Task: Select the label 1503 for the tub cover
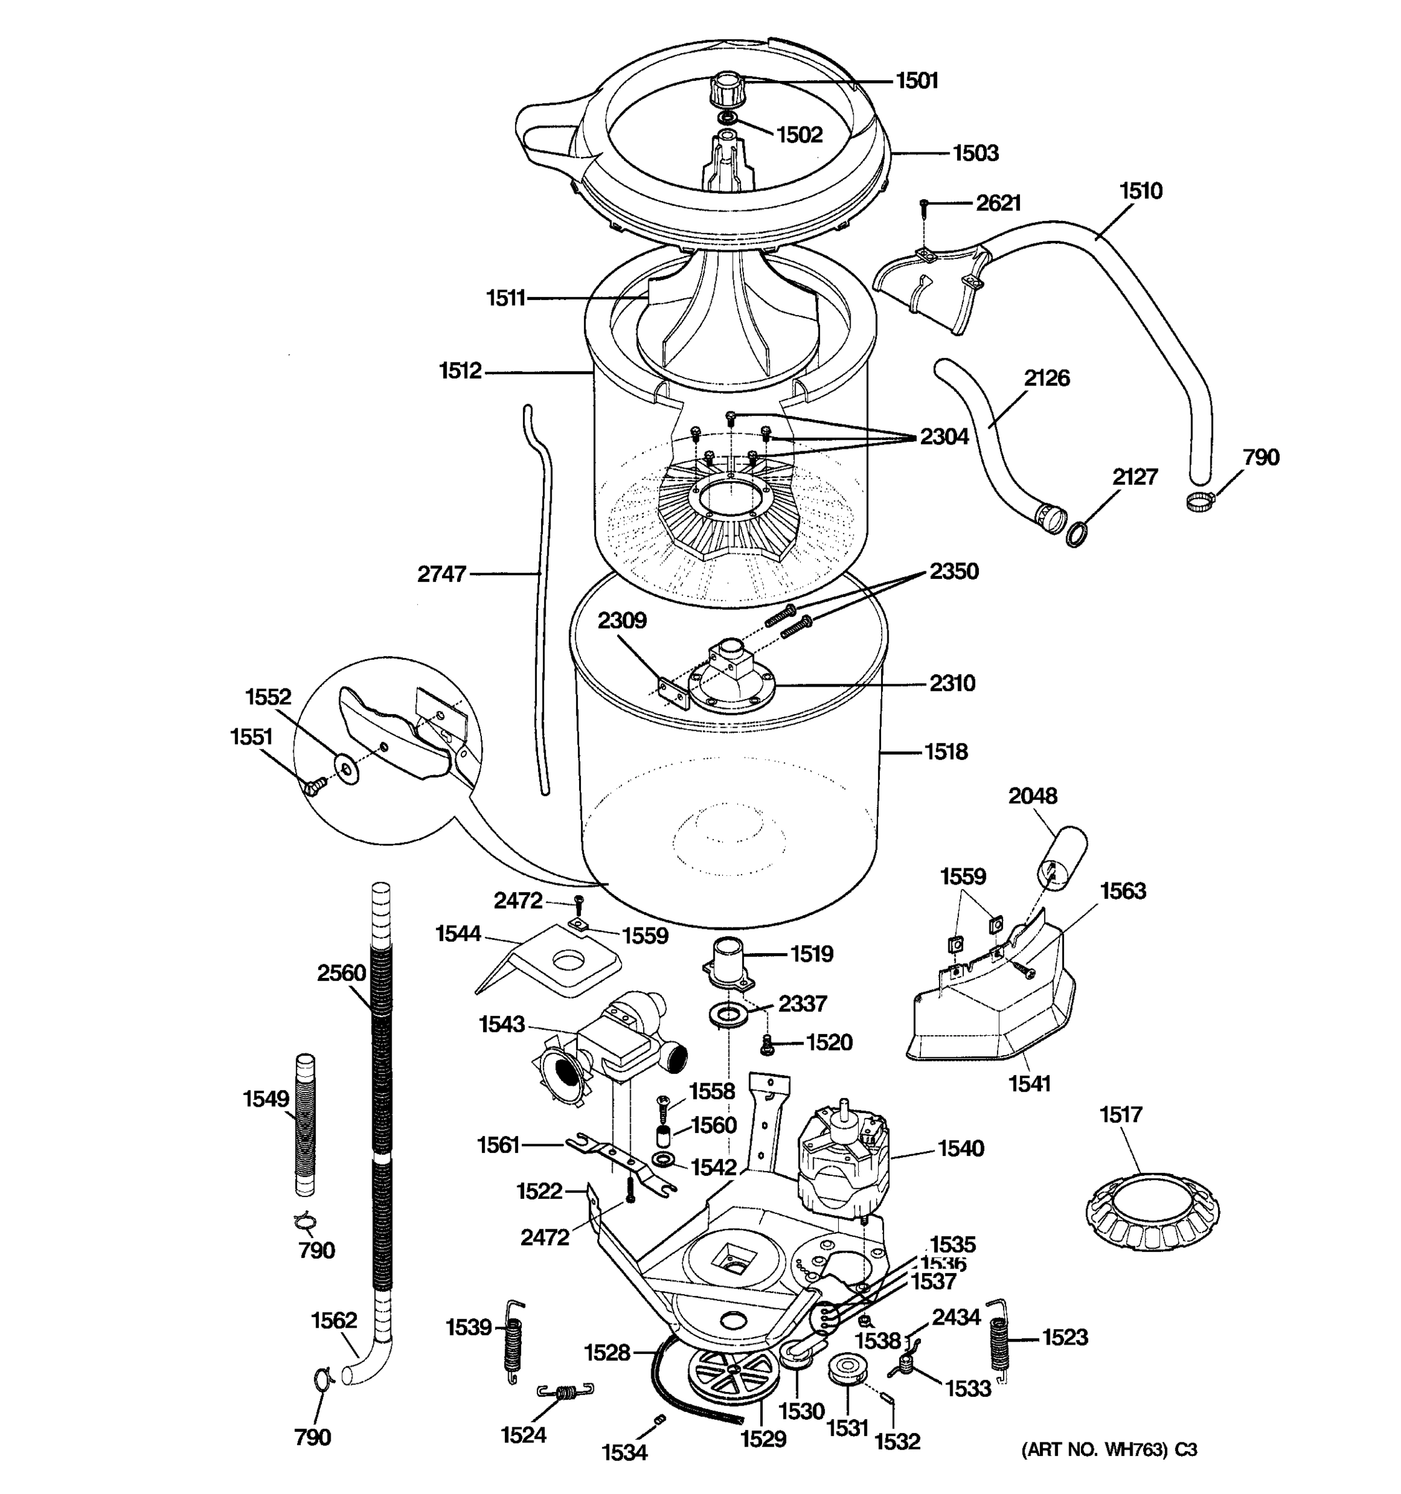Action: [976, 153]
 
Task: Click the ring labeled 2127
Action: [1077, 533]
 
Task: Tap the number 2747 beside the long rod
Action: [442, 574]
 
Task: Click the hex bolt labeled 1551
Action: [314, 786]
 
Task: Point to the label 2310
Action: [951, 683]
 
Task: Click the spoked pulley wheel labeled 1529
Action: [725, 1374]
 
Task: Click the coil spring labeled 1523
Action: [999, 1343]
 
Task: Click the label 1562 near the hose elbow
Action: [334, 1320]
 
